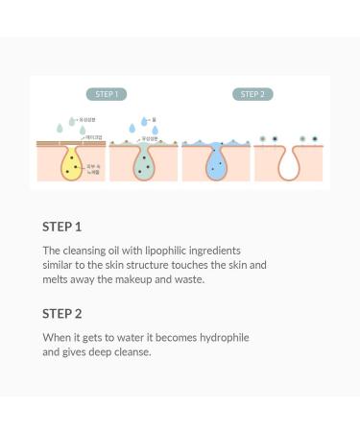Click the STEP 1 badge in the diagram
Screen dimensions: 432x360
107,94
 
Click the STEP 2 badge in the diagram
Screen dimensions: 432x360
252,94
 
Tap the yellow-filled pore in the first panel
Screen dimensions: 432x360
73,165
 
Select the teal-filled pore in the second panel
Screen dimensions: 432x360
144,165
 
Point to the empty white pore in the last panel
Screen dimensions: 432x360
287,165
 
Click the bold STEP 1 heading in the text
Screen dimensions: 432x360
61,227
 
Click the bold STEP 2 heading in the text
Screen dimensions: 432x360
61,314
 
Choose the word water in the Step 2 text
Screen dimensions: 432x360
113,338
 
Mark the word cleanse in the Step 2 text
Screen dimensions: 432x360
134,351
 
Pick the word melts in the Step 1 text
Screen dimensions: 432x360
57,278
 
